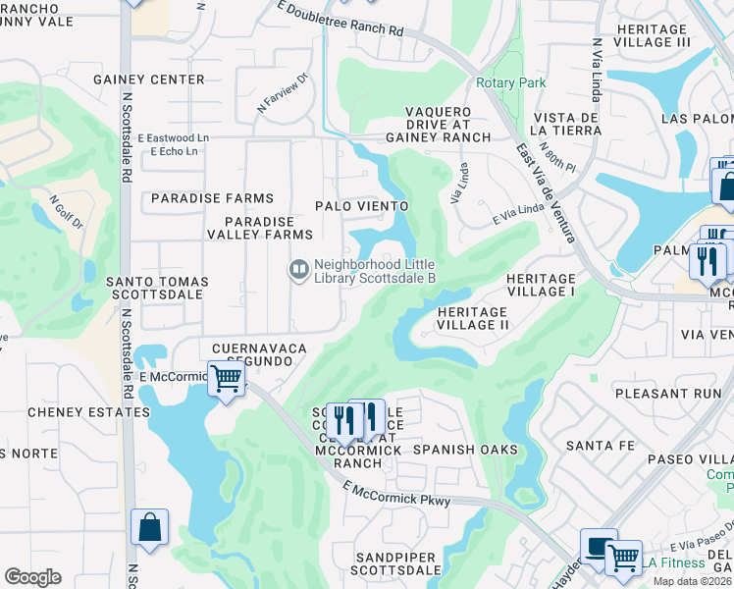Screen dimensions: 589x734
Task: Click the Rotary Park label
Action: tap(510, 83)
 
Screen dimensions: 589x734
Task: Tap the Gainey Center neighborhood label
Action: tap(149, 80)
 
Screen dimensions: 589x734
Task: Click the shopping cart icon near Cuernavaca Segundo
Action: tap(227, 378)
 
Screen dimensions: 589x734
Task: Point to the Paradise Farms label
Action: tap(212, 198)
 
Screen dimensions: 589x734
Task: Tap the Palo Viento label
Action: tap(361, 206)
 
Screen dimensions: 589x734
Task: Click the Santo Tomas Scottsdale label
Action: tap(157, 289)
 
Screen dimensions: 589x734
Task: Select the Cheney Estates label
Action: tap(88, 412)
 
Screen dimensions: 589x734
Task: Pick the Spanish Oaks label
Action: tap(464, 450)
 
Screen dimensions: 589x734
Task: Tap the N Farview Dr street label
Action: tap(284, 91)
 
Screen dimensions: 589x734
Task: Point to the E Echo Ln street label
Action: tap(174, 151)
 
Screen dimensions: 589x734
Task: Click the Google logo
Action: tap(32, 577)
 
